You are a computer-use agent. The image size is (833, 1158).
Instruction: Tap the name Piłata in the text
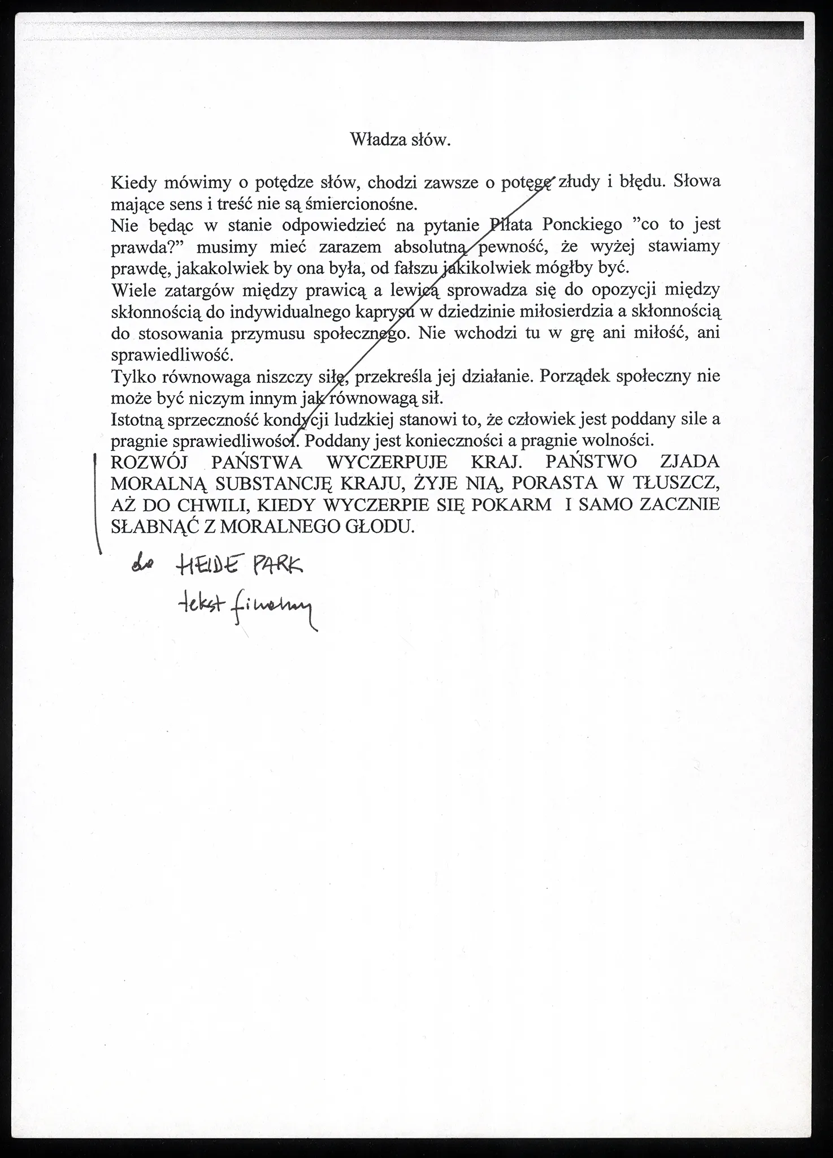click(x=510, y=224)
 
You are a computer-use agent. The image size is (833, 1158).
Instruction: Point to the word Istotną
click(x=138, y=420)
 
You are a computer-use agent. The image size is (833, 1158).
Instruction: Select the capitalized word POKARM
click(x=511, y=505)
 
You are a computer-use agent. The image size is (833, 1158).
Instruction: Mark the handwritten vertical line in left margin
click(x=97, y=503)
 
